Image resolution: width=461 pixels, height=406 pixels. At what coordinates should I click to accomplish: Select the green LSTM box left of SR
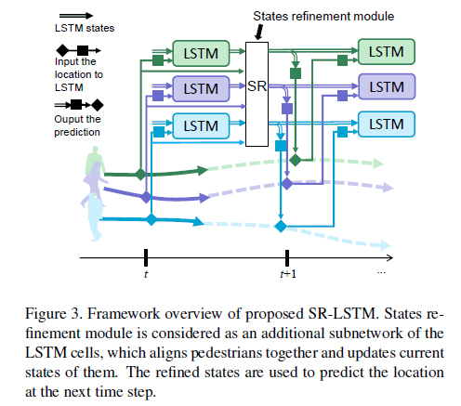point(199,53)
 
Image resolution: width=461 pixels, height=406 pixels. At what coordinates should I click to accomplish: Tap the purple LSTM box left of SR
point(199,89)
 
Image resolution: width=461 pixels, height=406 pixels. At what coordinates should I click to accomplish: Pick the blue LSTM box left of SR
point(199,124)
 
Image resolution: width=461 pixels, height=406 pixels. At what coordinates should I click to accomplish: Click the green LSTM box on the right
point(386,52)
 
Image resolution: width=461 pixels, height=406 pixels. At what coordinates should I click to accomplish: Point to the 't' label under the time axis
point(146,274)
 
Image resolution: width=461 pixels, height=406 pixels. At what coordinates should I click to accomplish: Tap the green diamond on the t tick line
point(139,173)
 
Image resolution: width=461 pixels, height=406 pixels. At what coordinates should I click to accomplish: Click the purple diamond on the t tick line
point(143,197)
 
